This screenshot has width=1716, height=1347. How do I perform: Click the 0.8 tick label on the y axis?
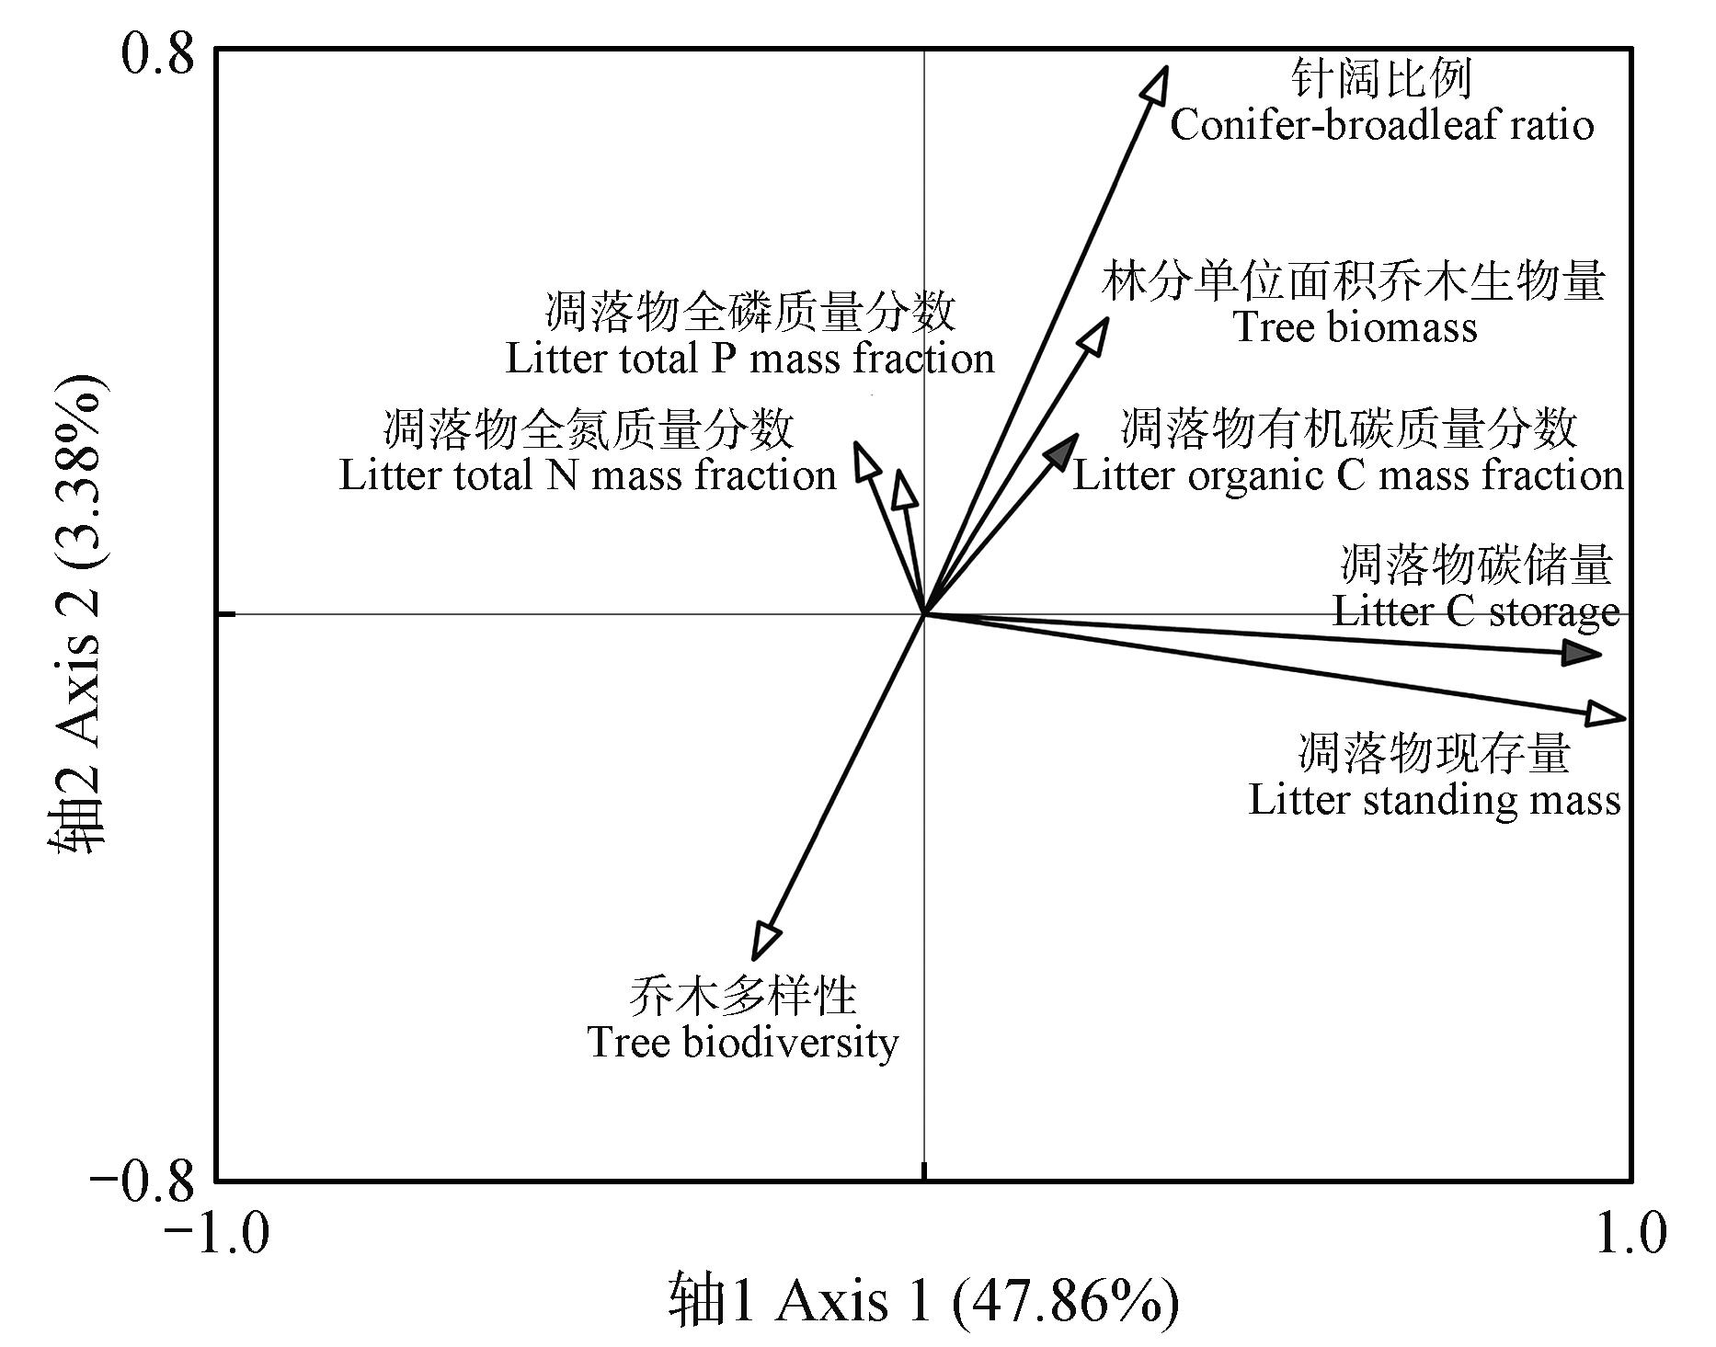(158, 54)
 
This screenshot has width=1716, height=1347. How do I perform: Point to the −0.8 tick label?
(143, 1181)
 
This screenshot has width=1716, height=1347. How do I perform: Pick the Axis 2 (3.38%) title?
(79, 613)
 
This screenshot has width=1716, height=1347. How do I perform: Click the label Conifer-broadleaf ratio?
(1381, 125)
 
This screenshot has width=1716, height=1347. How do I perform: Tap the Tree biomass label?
(1355, 327)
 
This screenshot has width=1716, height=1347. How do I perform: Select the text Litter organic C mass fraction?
(1348, 475)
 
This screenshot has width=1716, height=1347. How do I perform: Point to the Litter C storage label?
(1475, 611)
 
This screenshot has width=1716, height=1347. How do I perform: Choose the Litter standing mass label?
(1434, 799)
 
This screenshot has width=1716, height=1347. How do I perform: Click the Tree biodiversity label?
(743, 1042)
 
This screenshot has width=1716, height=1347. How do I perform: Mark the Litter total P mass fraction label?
(750, 359)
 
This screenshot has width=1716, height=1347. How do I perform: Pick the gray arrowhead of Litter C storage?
(1583, 654)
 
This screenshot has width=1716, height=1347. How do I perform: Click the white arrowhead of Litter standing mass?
(1607, 715)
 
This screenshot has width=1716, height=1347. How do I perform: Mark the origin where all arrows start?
(924, 613)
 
